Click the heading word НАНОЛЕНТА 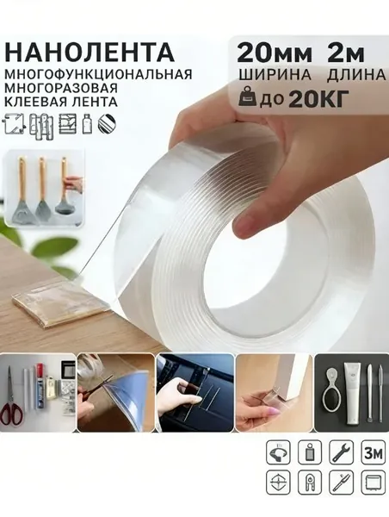[x=90, y=52]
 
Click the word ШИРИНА [x=275, y=75]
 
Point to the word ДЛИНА [x=356, y=75]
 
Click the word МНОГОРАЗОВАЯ [x=61, y=88]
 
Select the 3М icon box [x=374, y=452]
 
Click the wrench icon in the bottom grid [x=342, y=452]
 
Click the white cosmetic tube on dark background [x=353, y=394]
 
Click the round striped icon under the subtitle [x=107, y=124]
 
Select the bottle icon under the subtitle [x=86, y=123]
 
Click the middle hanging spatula [x=41, y=191]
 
